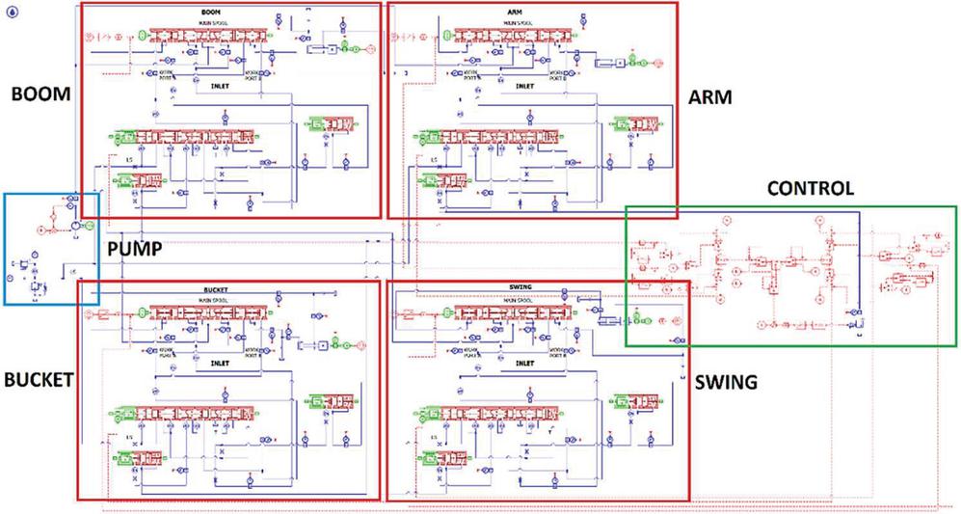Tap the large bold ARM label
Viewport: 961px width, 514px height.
710,98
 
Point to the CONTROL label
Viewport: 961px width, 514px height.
810,188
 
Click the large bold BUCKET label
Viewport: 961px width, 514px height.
38,380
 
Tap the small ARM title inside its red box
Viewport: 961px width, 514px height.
514,12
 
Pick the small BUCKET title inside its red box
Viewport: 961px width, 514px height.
213,289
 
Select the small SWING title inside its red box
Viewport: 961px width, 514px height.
520,289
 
